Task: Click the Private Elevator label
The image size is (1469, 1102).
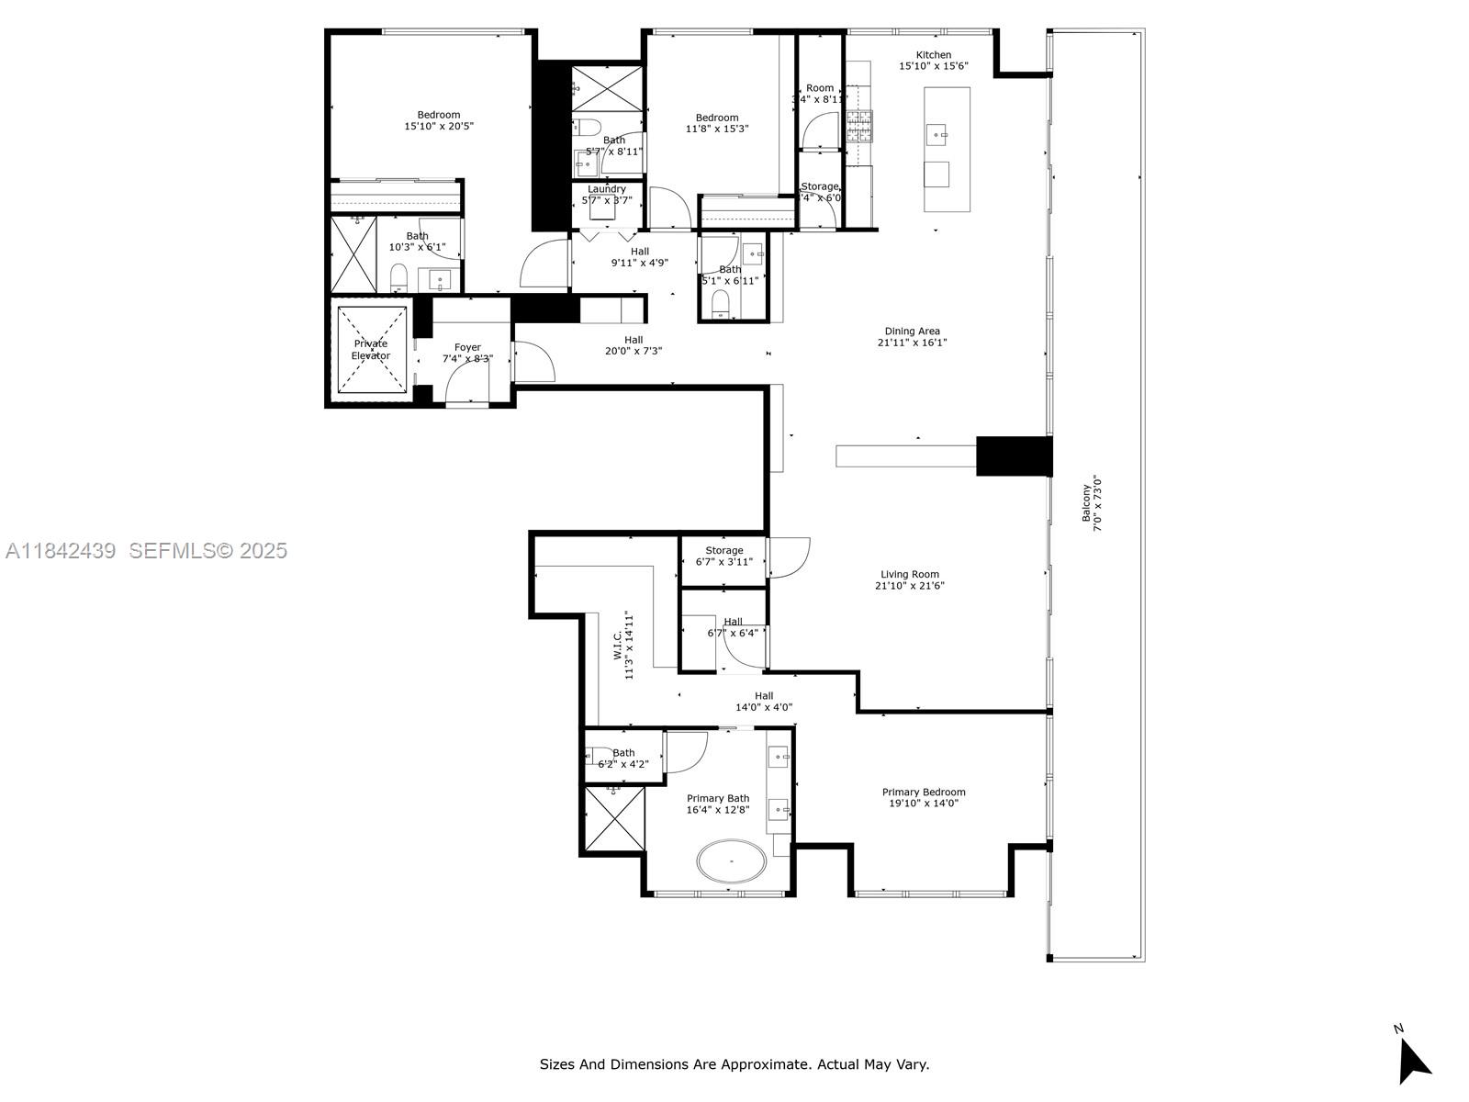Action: pos(371,350)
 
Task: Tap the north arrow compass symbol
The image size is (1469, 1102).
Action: pos(1413,1062)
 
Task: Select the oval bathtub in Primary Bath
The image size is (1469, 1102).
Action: pos(732,862)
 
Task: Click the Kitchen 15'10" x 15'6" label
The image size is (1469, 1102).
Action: pos(933,61)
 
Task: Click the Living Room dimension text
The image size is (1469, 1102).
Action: pos(910,586)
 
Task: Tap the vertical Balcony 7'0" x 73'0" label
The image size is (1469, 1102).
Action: pos(1091,503)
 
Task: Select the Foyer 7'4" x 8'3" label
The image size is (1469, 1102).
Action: pos(467,354)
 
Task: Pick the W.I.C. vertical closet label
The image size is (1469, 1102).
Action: pos(624,645)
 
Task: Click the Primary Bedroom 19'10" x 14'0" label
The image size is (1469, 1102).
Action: pos(924,797)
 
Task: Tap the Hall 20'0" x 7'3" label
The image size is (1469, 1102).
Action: pos(634,345)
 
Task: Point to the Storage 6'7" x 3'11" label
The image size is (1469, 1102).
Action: pos(724,556)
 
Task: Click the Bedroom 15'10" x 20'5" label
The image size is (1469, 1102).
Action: pos(439,120)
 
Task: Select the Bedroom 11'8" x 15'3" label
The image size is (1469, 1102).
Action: pos(717,123)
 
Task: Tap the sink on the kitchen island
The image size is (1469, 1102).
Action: pos(937,134)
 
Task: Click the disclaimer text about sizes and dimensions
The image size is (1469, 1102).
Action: pos(734,1064)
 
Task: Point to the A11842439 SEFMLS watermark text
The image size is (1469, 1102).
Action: pos(147,551)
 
